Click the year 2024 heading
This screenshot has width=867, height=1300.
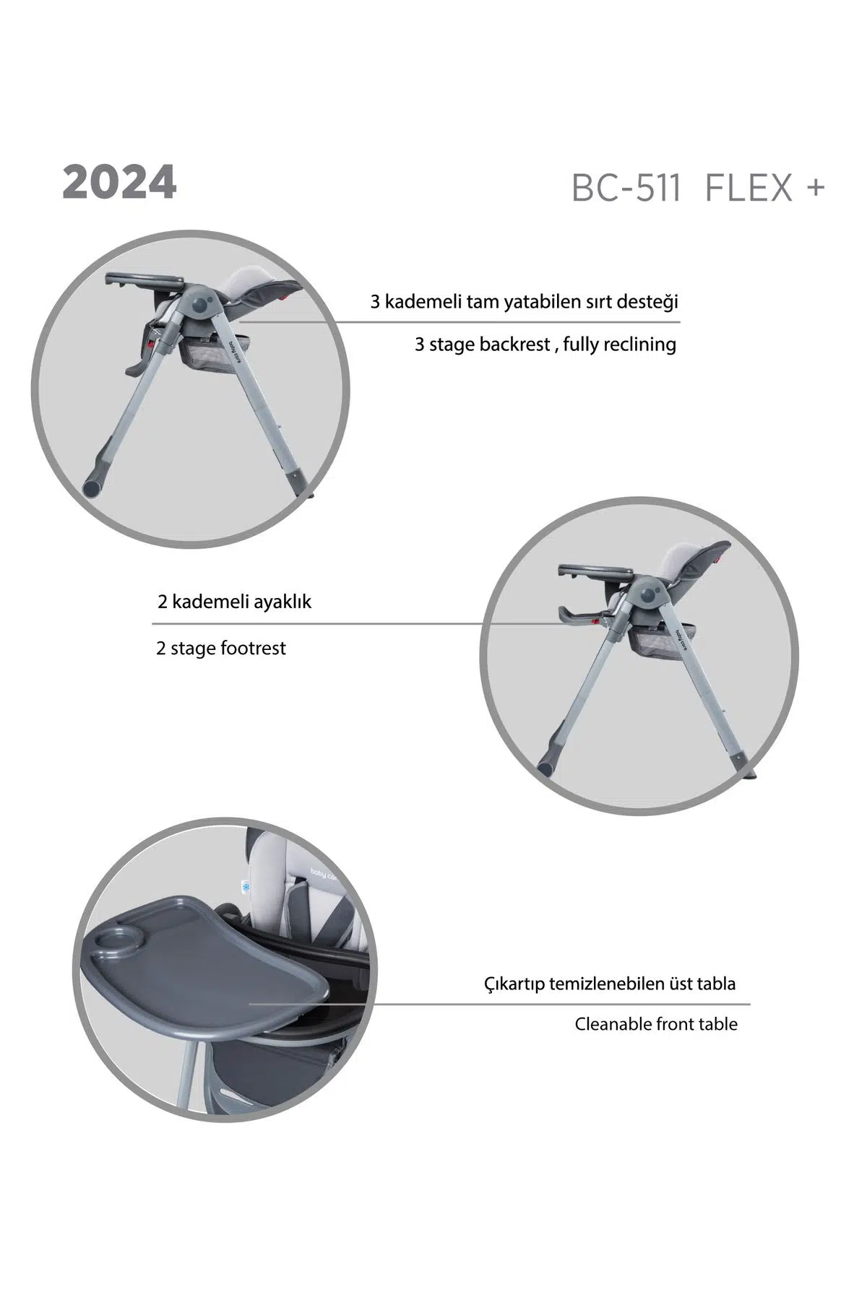119,183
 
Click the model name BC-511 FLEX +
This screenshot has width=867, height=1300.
698,188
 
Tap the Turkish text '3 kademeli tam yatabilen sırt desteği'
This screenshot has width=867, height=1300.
525,301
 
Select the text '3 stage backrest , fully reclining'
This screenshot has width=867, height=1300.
545,344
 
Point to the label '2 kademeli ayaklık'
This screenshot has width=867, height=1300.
234,602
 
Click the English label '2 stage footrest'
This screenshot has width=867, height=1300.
221,648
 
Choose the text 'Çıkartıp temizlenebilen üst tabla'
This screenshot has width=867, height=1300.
610,984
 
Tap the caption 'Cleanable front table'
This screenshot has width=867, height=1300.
656,1024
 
